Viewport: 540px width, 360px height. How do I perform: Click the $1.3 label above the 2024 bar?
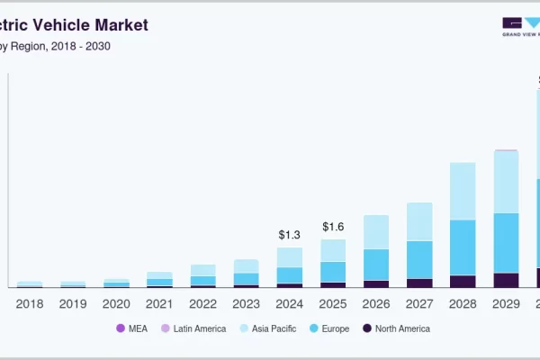click(289, 235)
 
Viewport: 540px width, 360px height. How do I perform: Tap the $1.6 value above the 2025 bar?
click(333, 226)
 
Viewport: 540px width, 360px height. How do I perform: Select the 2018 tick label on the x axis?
click(30, 304)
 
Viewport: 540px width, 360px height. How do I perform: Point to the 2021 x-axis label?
click(159, 304)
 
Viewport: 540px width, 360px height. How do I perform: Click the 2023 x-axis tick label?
click(247, 304)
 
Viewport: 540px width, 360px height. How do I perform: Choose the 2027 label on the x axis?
click(419, 304)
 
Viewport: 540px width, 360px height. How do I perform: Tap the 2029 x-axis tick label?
click(507, 304)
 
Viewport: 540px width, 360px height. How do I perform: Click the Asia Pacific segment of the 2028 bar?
click(463, 191)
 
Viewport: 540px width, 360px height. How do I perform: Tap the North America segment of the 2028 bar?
click(463, 281)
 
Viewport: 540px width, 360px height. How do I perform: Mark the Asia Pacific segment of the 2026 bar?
click(376, 231)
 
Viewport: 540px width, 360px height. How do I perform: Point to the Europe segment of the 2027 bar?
click(419, 259)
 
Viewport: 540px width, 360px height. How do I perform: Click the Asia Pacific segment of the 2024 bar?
click(289, 257)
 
